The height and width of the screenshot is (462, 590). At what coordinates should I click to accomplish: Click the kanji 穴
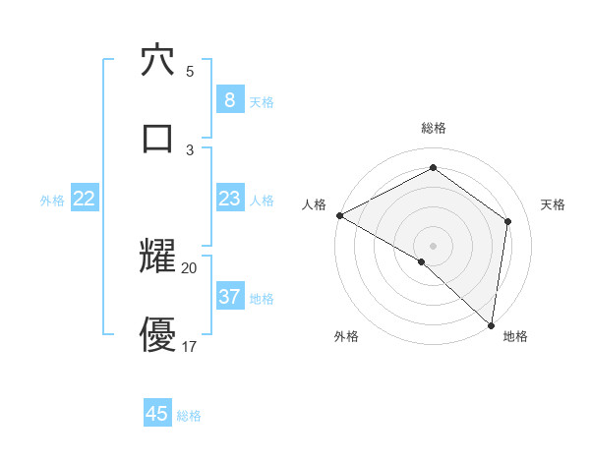pos(157,60)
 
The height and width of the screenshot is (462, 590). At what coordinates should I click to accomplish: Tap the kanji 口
pos(157,137)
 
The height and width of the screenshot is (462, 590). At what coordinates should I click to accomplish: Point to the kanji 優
pos(157,333)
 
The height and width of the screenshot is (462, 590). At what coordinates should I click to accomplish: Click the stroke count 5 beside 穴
pos(190,71)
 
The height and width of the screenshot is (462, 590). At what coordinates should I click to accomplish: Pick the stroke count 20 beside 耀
pos(190,267)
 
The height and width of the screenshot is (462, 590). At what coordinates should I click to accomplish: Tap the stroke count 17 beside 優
pos(190,345)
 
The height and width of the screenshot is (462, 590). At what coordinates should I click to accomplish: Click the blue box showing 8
pos(229,99)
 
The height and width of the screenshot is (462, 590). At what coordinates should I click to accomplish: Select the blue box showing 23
pos(229,199)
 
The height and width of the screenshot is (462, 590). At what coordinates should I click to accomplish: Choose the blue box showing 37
pos(229,296)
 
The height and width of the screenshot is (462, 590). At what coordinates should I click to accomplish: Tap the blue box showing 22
pos(85,199)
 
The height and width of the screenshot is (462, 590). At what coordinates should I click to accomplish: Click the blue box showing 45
pos(157,414)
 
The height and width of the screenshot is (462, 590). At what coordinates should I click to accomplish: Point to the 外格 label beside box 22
pos(52,201)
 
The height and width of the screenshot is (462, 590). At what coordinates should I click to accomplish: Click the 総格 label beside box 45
pos(189,416)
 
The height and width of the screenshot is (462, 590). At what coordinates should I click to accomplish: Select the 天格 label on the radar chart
pos(554,204)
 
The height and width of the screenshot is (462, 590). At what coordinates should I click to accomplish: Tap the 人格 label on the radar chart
pos(314,204)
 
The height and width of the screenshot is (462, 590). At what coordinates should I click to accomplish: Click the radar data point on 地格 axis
pos(490,324)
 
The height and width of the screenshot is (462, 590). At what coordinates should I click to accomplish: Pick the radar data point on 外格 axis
pos(422,261)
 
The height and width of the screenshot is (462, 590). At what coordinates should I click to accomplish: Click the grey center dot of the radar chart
pos(433,245)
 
